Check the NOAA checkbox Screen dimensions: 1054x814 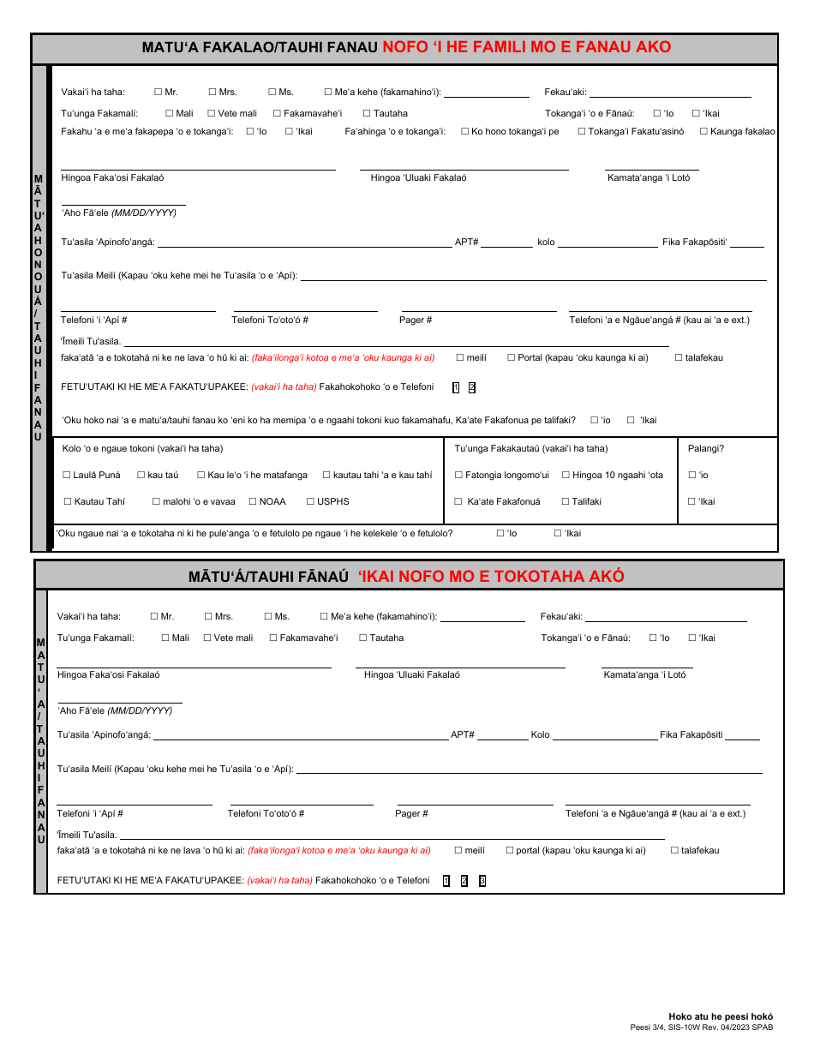pos(253,501)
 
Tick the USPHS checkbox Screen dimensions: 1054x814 pos(310,501)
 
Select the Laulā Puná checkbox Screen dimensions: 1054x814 pos(67,475)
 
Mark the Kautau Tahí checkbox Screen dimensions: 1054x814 pos(68,501)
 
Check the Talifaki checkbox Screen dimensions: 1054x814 pos(566,501)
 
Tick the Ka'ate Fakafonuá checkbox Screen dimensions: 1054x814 pos(458,501)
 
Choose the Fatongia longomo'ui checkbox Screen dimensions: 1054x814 pos(458,475)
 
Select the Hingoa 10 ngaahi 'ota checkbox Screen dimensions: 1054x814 pos(566,475)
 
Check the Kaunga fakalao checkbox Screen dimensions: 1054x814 pos(703,131)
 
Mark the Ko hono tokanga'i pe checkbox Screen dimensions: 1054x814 pos(464,131)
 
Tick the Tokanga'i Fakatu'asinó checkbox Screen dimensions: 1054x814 pos(582,131)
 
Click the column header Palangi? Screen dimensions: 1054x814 pos(706,448)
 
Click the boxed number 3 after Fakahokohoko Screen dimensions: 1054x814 pos(482,881)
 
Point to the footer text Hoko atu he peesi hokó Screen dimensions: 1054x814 pos(721,1016)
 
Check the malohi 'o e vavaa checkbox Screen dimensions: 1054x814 pos(156,501)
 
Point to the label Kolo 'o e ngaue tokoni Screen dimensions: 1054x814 pos(142,448)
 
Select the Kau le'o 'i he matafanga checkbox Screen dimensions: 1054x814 pos(201,475)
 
